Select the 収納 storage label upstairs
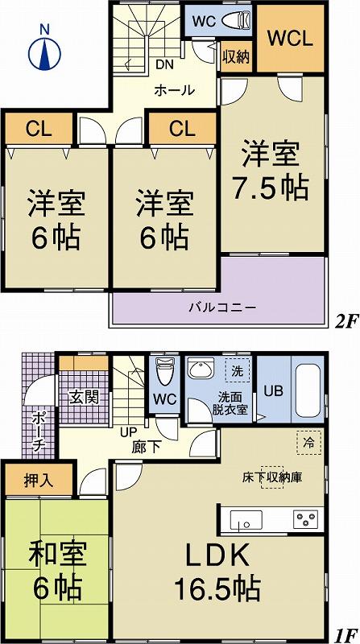(x=236, y=56)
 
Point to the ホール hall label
(x=173, y=90)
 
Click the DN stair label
(x=164, y=65)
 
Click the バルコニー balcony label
(x=222, y=307)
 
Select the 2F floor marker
(x=346, y=322)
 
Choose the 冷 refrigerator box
(x=308, y=442)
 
